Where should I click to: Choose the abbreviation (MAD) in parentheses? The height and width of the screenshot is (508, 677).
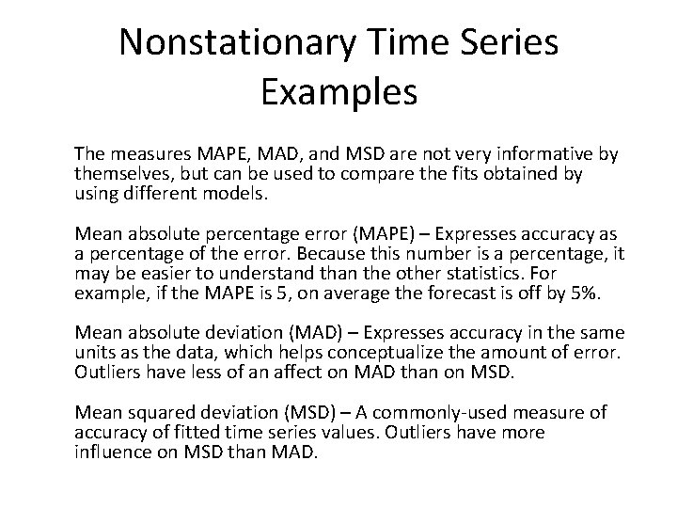(329, 333)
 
